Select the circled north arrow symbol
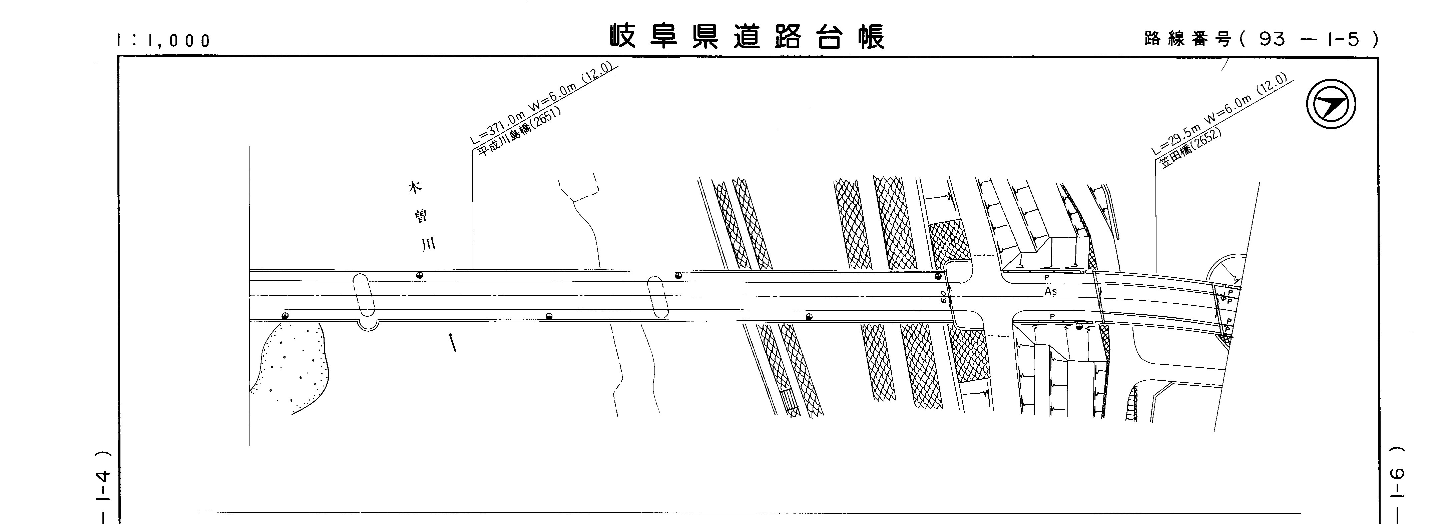click(x=1331, y=105)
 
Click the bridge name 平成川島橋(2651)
click(x=520, y=131)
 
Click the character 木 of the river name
click(x=414, y=187)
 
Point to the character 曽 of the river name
click(x=421, y=216)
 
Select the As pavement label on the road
click(x=1050, y=291)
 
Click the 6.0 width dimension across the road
click(x=943, y=296)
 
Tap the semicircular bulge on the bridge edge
click(x=367, y=325)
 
